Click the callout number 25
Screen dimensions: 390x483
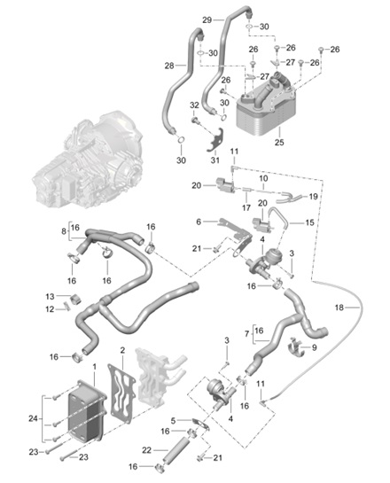point(279,143)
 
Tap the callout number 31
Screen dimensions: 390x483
point(215,160)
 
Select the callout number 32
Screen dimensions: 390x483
point(194,105)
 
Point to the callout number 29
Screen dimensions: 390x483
point(207,20)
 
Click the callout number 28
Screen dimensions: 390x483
point(169,66)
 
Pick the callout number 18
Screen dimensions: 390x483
point(339,308)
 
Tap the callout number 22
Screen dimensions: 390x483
point(146,450)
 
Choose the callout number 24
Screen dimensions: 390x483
point(34,418)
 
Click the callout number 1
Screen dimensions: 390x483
point(95,367)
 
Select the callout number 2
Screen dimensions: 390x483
point(122,350)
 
